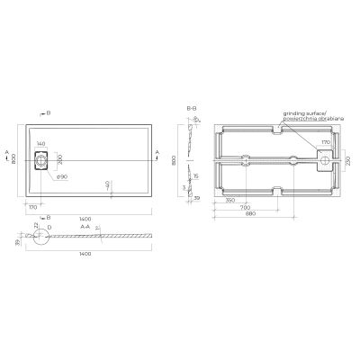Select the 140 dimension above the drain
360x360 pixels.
point(41,144)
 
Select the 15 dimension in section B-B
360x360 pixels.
point(196,175)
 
